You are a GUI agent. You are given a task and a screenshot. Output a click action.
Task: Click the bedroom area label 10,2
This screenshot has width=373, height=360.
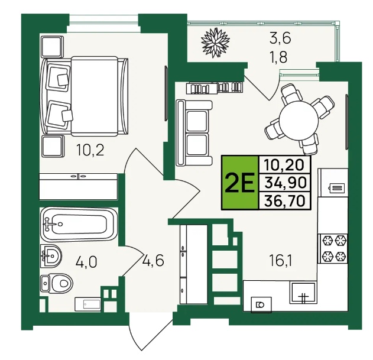pyautogui.click(x=90, y=150)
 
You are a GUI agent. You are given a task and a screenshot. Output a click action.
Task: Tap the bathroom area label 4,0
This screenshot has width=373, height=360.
pyautogui.click(x=86, y=262)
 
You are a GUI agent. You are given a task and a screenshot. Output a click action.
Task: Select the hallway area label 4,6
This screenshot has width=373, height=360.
pyautogui.click(x=153, y=260)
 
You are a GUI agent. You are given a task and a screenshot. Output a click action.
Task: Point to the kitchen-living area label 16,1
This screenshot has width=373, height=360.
pyautogui.click(x=281, y=260)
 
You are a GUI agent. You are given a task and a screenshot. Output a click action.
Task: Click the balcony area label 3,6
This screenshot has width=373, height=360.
pyautogui.click(x=280, y=38)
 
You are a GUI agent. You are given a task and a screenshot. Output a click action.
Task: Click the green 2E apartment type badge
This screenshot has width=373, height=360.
pyautogui.click(x=240, y=183)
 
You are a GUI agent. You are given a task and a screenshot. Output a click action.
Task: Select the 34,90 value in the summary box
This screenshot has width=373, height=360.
pyautogui.click(x=286, y=183)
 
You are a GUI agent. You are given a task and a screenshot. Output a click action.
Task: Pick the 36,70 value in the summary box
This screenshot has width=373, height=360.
pyautogui.click(x=284, y=200)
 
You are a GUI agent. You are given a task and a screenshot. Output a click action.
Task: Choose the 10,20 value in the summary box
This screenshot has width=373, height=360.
pyautogui.click(x=284, y=165)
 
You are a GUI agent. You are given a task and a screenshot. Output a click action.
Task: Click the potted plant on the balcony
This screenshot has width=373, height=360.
pyautogui.click(x=215, y=43)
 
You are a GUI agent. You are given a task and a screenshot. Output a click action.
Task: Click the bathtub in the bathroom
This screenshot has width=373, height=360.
pyautogui.click(x=79, y=224)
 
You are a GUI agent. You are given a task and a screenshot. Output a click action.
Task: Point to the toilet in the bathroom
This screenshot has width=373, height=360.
pyautogui.click(x=57, y=283)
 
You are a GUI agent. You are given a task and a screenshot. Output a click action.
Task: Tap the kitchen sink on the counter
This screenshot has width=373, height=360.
pyautogui.click(x=303, y=293)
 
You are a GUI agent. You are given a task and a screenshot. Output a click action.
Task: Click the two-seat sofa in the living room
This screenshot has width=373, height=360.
pyautogui.click(x=194, y=133)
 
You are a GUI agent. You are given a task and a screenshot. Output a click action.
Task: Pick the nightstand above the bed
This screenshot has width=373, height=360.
pyautogui.click(x=53, y=47)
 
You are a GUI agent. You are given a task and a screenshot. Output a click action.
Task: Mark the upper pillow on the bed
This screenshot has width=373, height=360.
pyautogui.click(x=59, y=76)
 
